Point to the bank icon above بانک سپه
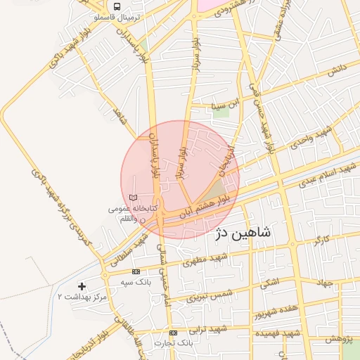pos(136,271)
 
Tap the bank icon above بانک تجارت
pos(174,333)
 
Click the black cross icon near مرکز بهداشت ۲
pos(82,286)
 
